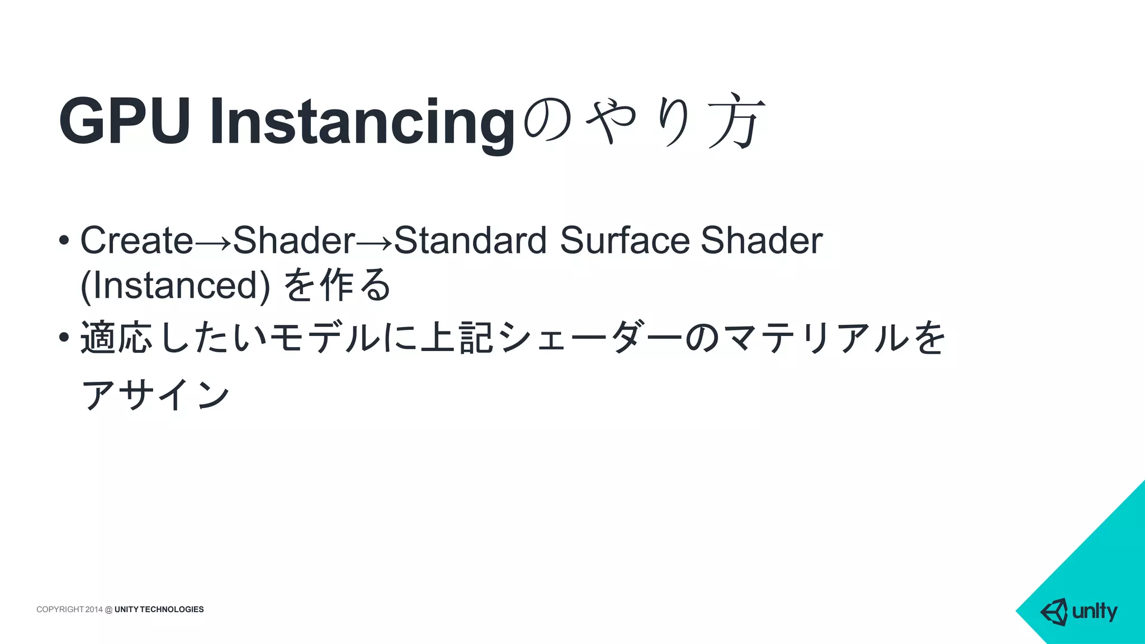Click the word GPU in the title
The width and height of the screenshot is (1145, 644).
pos(124,121)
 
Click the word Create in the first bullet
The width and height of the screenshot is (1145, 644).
pos(136,240)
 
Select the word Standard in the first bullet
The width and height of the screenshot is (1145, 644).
pos(470,240)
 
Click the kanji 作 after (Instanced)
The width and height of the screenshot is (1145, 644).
pos(337,285)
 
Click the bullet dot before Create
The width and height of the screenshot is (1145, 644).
pos(64,241)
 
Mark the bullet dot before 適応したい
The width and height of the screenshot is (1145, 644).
pos(64,337)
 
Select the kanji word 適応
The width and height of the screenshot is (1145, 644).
pos(116,338)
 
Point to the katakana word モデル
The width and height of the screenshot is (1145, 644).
pos(325,338)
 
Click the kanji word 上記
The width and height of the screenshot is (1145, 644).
pos(457,338)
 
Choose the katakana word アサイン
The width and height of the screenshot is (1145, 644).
pos(155,394)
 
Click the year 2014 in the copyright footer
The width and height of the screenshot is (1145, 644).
pos(94,609)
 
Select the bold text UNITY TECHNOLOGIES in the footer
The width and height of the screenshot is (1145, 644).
pos(159,609)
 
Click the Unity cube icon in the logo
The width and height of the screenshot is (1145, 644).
pos(1054,612)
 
